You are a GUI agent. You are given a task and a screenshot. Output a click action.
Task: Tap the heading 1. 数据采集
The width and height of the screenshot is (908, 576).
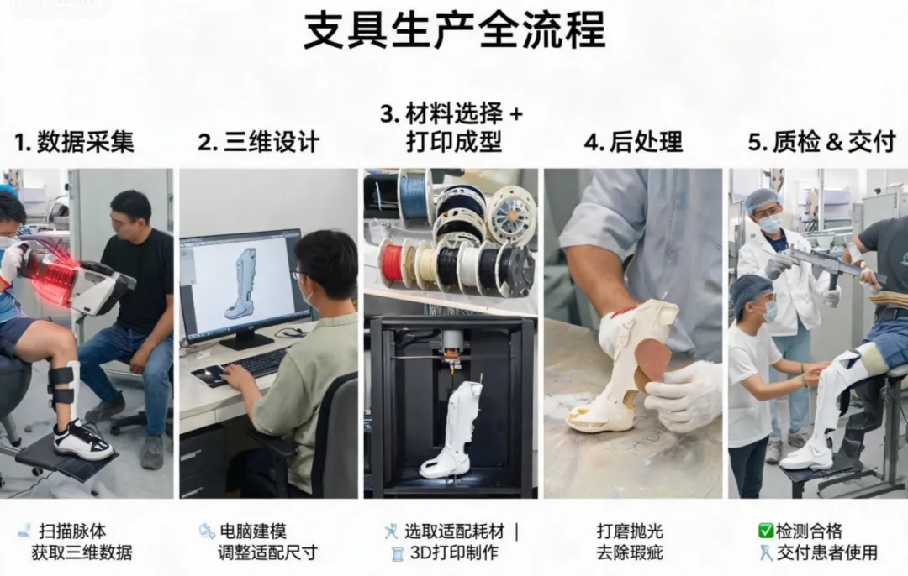click(x=74, y=142)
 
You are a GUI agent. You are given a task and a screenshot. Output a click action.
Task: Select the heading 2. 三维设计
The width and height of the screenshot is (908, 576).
click(x=259, y=142)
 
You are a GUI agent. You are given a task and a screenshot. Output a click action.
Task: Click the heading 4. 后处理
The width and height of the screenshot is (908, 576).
click(x=634, y=142)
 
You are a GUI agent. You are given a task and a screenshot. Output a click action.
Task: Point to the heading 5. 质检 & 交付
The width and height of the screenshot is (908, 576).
click(x=821, y=142)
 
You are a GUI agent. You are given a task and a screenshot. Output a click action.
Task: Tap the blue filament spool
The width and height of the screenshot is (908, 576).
click(x=414, y=196)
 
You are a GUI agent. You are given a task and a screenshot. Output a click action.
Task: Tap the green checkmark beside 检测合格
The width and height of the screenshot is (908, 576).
click(x=766, y=531)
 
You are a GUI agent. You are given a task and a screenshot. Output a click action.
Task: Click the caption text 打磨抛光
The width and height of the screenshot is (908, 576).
click(x=630, y=531)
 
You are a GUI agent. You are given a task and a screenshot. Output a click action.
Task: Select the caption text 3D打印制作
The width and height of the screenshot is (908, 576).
click(x=454, y=552)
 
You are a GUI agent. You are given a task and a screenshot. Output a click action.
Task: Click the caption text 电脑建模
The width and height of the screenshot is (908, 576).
click(x=253, y=531)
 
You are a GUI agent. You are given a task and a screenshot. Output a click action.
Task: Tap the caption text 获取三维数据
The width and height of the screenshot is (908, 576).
click(x=82, y=552)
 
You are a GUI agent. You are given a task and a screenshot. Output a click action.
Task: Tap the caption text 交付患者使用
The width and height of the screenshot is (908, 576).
click(x=827, y=552)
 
